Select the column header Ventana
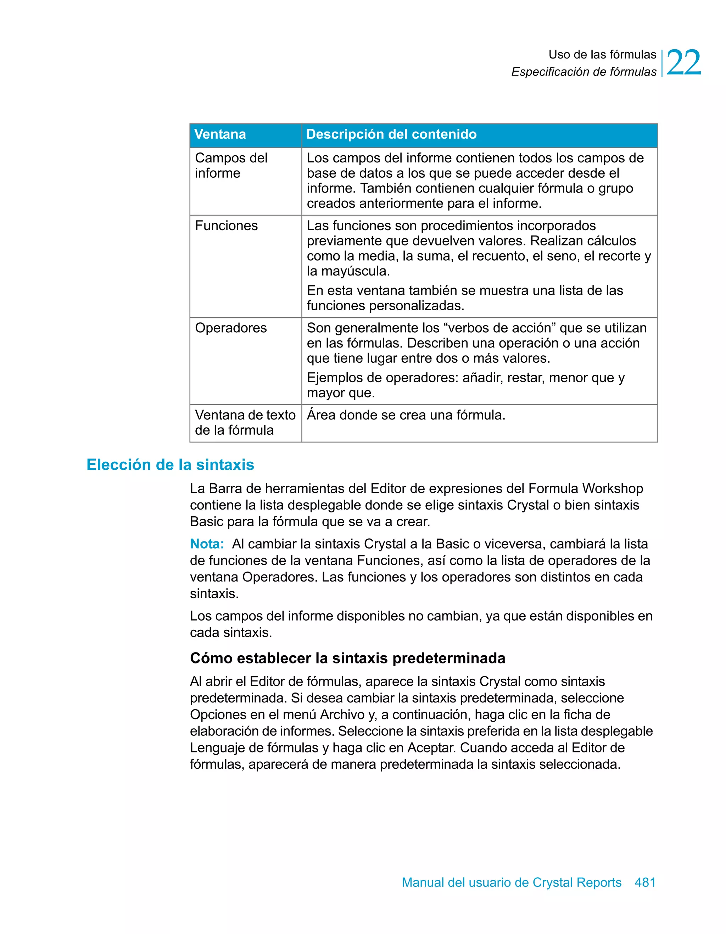(x=220, y=134)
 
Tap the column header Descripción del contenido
(x=391, y=134)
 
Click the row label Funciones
(x=226, y=226)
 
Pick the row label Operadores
(x=231, y=328)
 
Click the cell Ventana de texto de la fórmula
(x=245, y=423)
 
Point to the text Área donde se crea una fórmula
(x=406, y=415)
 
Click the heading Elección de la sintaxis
(x=170, y=465)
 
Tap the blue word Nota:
(x=207, y=544)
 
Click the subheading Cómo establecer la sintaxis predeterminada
(x=347, y=658)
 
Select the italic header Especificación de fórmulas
(x=583, y=72)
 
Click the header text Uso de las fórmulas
(x=602, y=55)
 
